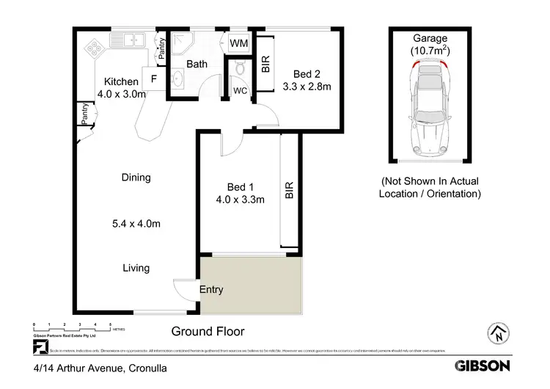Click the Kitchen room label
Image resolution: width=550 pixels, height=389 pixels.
121,81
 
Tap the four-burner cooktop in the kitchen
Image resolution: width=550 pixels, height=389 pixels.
95,48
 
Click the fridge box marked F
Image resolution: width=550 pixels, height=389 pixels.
155,79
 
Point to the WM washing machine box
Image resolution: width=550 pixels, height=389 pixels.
239,43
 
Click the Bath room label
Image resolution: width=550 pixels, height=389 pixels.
197,65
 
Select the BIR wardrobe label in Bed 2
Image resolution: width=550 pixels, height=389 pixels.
265,65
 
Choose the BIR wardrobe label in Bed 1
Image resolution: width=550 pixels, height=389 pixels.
289,192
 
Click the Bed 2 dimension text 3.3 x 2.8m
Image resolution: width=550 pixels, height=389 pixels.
307,87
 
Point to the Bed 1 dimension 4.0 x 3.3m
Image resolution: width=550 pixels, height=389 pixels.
240,198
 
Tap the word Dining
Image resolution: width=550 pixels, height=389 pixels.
136,177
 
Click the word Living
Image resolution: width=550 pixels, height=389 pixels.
136,268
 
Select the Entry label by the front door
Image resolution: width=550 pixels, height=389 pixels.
211,289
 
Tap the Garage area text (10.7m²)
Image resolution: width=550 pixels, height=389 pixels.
430,51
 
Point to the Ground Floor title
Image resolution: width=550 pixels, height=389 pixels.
208,331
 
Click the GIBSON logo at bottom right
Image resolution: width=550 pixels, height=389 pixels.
484,365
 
